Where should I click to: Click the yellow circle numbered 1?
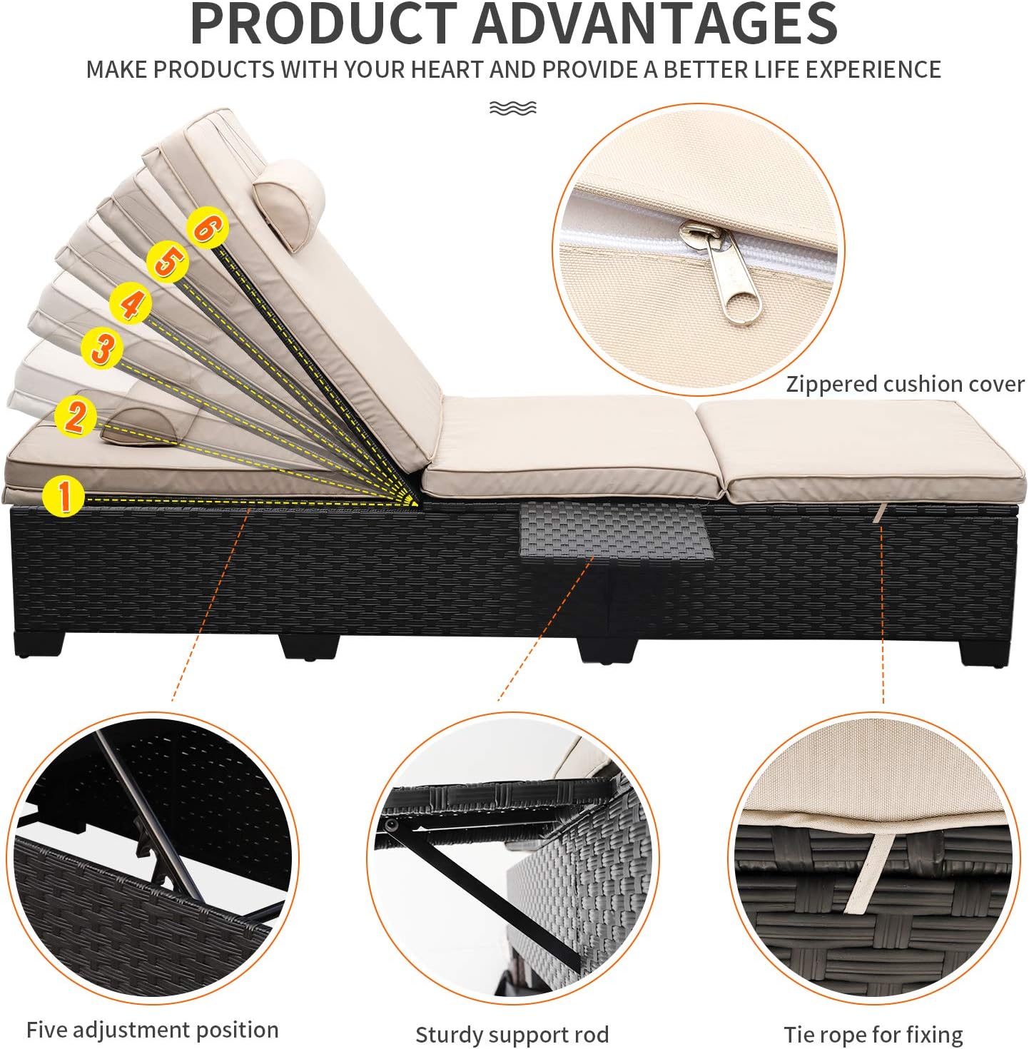(64, 496)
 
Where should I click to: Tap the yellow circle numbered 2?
(76, 417)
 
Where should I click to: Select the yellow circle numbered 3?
(103, 348)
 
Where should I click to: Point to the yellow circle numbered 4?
(131, 304)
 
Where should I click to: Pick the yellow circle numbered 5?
(168, 262)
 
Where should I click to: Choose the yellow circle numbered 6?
(208, 228)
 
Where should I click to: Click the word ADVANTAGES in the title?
(656, 24)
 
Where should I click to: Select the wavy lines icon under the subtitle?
(513, 108)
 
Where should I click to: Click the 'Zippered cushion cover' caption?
(905, 385)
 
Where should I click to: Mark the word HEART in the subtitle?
(447, 70)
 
